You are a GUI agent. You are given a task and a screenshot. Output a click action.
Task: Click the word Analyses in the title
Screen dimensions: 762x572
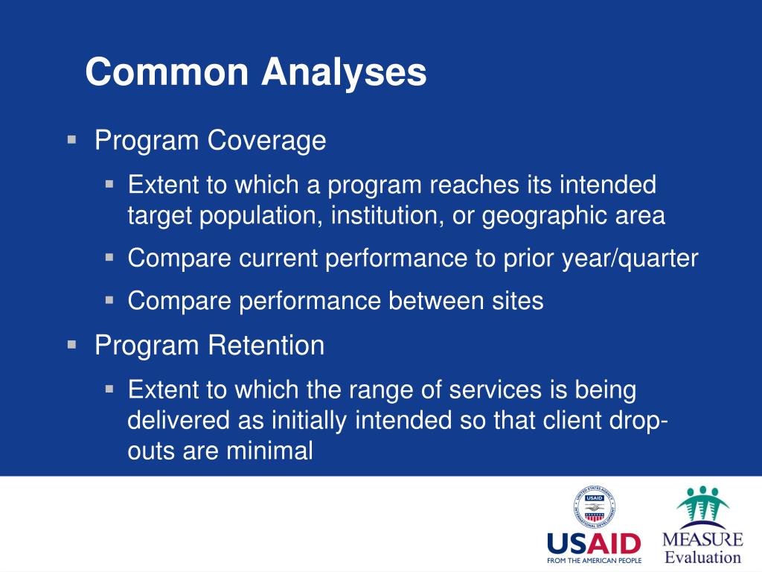(x=344, y=72)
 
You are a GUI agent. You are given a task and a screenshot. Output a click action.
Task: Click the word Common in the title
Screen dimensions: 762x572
(x=167, y=72)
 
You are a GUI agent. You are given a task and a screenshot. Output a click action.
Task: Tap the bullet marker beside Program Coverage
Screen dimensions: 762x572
(x=72, y=140)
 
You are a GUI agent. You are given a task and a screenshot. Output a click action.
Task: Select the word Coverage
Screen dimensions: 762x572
(x=267, y=141)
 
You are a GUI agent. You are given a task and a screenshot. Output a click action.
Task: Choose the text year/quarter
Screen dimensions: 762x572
(x=630, y=258)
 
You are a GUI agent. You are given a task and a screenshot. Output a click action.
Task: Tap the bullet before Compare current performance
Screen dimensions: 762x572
(x=109, y=257)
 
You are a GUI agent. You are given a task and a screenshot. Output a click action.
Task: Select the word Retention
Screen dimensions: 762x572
(x=266, y=346)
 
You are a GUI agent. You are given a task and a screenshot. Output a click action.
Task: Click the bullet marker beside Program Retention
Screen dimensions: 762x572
(x=72, y=346)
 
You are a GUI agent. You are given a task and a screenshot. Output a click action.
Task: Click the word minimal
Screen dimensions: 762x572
(x=269, y=451)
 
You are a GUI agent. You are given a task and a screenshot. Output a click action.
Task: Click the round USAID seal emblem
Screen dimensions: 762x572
(x=595, y=506)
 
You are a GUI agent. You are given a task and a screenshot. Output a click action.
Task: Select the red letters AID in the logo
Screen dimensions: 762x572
(x=613, y=544)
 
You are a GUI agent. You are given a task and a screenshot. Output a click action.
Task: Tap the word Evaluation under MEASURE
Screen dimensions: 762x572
(x=702, y=557)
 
